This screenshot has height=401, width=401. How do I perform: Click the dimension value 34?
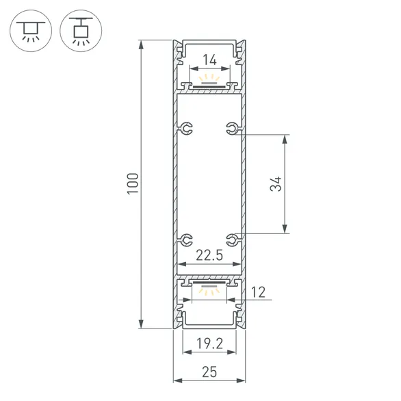click(x=275, y=184)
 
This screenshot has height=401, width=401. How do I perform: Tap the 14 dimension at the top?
click(x=209, y=60)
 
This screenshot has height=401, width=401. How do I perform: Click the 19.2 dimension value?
click(x=209, y=342)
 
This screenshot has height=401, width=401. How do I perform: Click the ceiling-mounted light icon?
click(x=29, y=30)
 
